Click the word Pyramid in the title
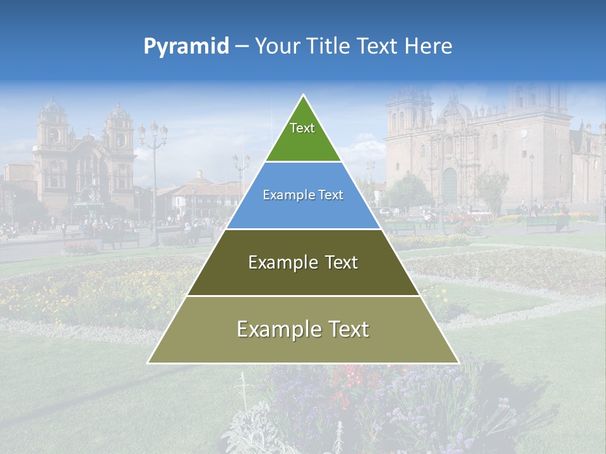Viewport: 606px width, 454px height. point(186,47)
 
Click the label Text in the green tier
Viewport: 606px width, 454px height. point(302,128)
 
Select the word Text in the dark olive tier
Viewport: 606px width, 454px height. point(337,262)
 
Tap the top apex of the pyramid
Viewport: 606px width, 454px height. point(303,95)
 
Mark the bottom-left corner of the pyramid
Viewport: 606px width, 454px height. point(148,363)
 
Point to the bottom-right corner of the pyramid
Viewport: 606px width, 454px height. point(459,363)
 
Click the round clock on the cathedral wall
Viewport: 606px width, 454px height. point(523,134)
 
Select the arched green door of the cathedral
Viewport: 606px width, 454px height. point(449,184)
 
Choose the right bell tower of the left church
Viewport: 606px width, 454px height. point(119,129)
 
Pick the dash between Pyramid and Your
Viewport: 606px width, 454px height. point(242,47)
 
